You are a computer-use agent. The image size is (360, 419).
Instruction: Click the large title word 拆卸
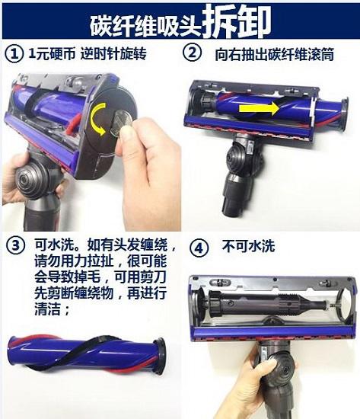click(237, 22)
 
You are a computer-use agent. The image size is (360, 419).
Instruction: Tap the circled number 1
click(14, 54)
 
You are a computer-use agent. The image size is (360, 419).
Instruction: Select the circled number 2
click(192, 53)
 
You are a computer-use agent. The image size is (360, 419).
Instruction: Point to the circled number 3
click(16, 245)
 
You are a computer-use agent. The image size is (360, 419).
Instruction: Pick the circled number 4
click(199, 248)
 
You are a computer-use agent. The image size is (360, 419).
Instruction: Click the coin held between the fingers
click(122, 123)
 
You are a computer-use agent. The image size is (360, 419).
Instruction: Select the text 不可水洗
click(248, 246)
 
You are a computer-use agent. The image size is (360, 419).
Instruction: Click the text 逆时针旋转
click(113, 53)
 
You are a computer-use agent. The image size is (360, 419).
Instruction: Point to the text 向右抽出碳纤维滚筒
click(275, 54)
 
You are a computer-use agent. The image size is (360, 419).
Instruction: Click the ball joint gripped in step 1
click(31, 178)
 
